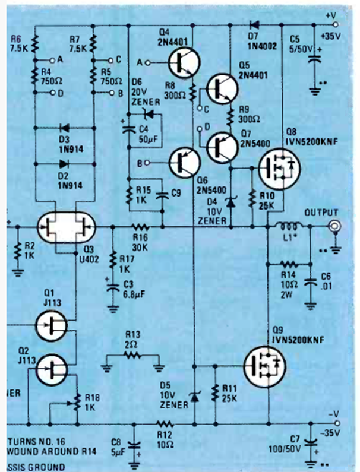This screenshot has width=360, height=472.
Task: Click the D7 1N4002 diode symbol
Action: (x=255, y=25)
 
